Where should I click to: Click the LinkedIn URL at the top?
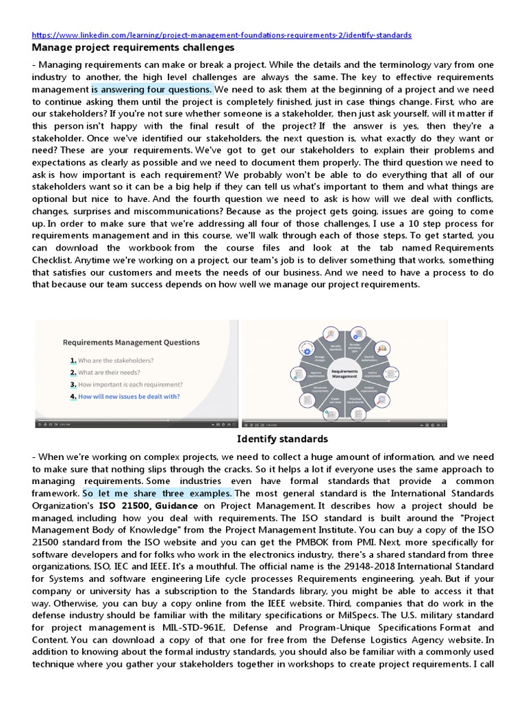pos(221,35)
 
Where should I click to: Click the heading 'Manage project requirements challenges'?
pos(134,48)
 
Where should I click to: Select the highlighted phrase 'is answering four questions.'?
pos(153,89)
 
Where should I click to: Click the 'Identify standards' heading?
pos(282,439)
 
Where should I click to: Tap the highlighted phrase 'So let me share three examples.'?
pos(158,493)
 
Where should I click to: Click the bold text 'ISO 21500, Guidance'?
pos(145,505)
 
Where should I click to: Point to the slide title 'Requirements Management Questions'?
pos(131,342)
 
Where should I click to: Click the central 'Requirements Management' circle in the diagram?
pos(345,373)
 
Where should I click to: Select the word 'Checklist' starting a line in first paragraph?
pos(53,260)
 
